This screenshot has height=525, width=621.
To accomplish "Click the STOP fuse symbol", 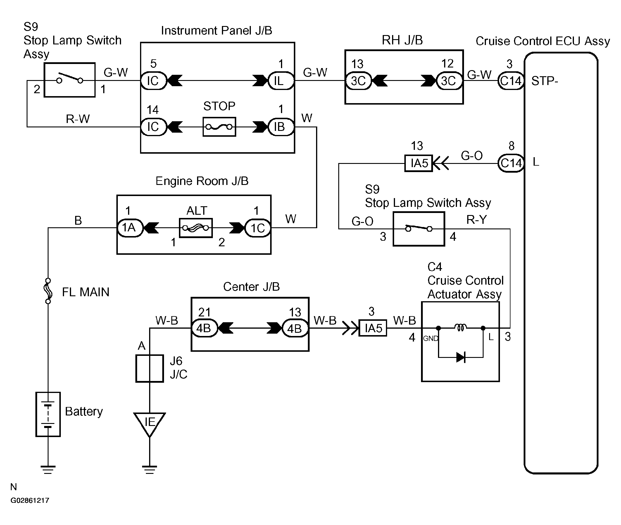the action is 219,127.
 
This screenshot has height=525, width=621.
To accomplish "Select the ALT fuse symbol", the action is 196,228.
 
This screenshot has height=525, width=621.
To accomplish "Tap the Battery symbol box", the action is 48,414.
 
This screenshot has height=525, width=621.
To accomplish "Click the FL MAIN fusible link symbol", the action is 48,291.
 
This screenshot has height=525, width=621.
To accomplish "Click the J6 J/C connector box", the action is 149,368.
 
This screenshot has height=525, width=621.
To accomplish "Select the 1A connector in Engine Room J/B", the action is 130,228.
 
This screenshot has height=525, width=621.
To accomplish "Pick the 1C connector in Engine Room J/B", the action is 258,228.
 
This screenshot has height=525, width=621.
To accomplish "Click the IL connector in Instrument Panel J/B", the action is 281,81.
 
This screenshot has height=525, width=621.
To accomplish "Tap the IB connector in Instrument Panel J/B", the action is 281,127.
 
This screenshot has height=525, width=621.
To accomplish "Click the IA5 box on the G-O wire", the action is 418,163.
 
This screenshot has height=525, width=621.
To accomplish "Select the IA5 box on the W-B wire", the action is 373,328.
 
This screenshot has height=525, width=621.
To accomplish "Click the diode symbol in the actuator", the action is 461,357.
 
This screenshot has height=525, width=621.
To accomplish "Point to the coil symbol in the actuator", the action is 460,328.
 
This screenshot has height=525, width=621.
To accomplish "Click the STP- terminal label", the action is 545,81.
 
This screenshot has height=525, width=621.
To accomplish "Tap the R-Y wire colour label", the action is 477,220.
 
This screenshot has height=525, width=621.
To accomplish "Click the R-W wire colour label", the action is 78,119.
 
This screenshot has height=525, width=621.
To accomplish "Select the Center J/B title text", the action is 251,287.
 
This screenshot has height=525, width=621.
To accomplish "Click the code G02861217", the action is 30,500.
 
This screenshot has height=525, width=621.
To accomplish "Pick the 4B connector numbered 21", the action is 204,328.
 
